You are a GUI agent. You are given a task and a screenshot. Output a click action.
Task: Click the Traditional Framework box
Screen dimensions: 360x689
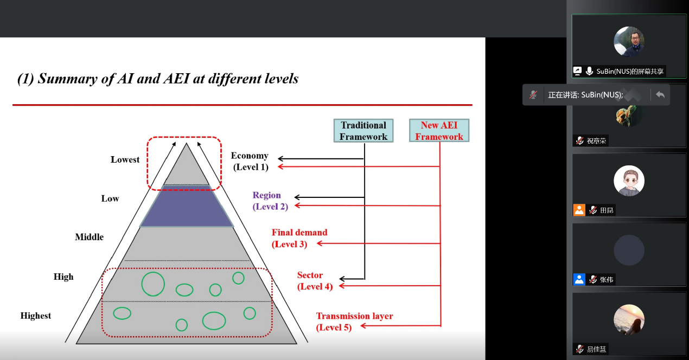pos(363,131)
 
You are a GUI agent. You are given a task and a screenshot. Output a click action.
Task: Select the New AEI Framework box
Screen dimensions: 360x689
pos(439,131)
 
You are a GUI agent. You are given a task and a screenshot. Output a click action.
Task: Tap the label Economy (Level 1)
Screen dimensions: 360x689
pos(250,162)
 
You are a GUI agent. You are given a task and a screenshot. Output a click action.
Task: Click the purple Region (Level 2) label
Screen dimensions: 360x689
pos(270,201)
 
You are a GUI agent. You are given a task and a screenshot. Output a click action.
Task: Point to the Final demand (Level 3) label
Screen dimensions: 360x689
pos(299,238)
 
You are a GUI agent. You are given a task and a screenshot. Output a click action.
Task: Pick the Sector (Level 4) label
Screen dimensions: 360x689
pos(315,281)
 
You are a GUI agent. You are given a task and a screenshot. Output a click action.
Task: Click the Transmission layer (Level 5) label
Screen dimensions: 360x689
pos(354,322)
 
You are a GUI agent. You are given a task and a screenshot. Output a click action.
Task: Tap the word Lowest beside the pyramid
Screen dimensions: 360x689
pos(125,159)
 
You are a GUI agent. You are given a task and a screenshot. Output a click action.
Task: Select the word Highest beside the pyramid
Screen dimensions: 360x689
pos(36,316)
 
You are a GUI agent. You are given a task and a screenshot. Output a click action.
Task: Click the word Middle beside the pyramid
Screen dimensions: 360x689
pos(89,237)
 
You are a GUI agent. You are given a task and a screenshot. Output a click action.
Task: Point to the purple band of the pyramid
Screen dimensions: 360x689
pos(187,206)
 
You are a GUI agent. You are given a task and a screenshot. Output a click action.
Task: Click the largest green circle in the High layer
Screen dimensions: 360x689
pos(153,284)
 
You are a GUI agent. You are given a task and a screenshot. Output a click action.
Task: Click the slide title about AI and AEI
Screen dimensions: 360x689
pos(158,79)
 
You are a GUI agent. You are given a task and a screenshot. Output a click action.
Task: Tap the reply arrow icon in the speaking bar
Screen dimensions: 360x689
pos(660,95)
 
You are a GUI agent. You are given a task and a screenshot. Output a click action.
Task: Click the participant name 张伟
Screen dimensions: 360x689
pos(607,280)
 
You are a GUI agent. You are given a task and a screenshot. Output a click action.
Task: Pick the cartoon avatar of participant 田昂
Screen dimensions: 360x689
pos(629,181)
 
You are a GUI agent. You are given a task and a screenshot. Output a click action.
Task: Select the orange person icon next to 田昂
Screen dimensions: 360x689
pos(579,210)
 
